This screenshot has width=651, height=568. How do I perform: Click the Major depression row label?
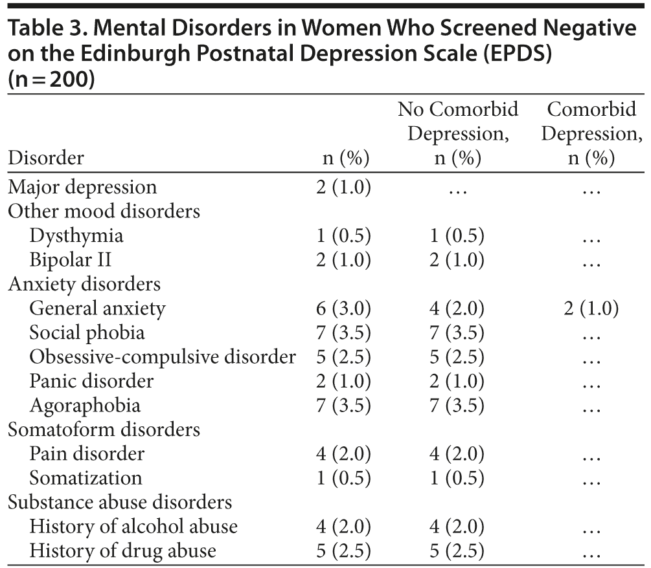[x=82, y=188]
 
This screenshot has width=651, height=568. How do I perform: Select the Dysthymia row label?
[x=76, y=236]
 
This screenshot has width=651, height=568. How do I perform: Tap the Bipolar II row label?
[x=71, y=260]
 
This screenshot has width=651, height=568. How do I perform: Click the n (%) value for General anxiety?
[x=343, y=309]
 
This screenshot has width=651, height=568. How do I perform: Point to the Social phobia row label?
[x=87, y=333]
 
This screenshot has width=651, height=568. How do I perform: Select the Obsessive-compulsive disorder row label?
[x=163, y=357]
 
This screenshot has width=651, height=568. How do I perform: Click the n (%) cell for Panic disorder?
[x=343, y=381]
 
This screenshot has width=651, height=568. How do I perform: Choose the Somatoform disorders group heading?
[x=104, y=430]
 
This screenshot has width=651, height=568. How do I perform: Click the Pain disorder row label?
[x=87, y=453]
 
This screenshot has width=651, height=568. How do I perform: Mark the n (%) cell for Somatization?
[x=343, y=478]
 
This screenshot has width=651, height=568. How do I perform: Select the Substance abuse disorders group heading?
[x=120, y=502]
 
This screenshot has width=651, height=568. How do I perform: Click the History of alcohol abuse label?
[x=133, y=527]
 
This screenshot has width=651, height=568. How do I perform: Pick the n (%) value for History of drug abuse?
[x=343, y=551]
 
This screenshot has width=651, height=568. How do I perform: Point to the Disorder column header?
[x=45, y=158]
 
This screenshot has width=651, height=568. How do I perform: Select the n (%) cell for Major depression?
[x=343, y=188]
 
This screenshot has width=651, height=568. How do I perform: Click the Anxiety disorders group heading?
[x=84, y=284]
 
